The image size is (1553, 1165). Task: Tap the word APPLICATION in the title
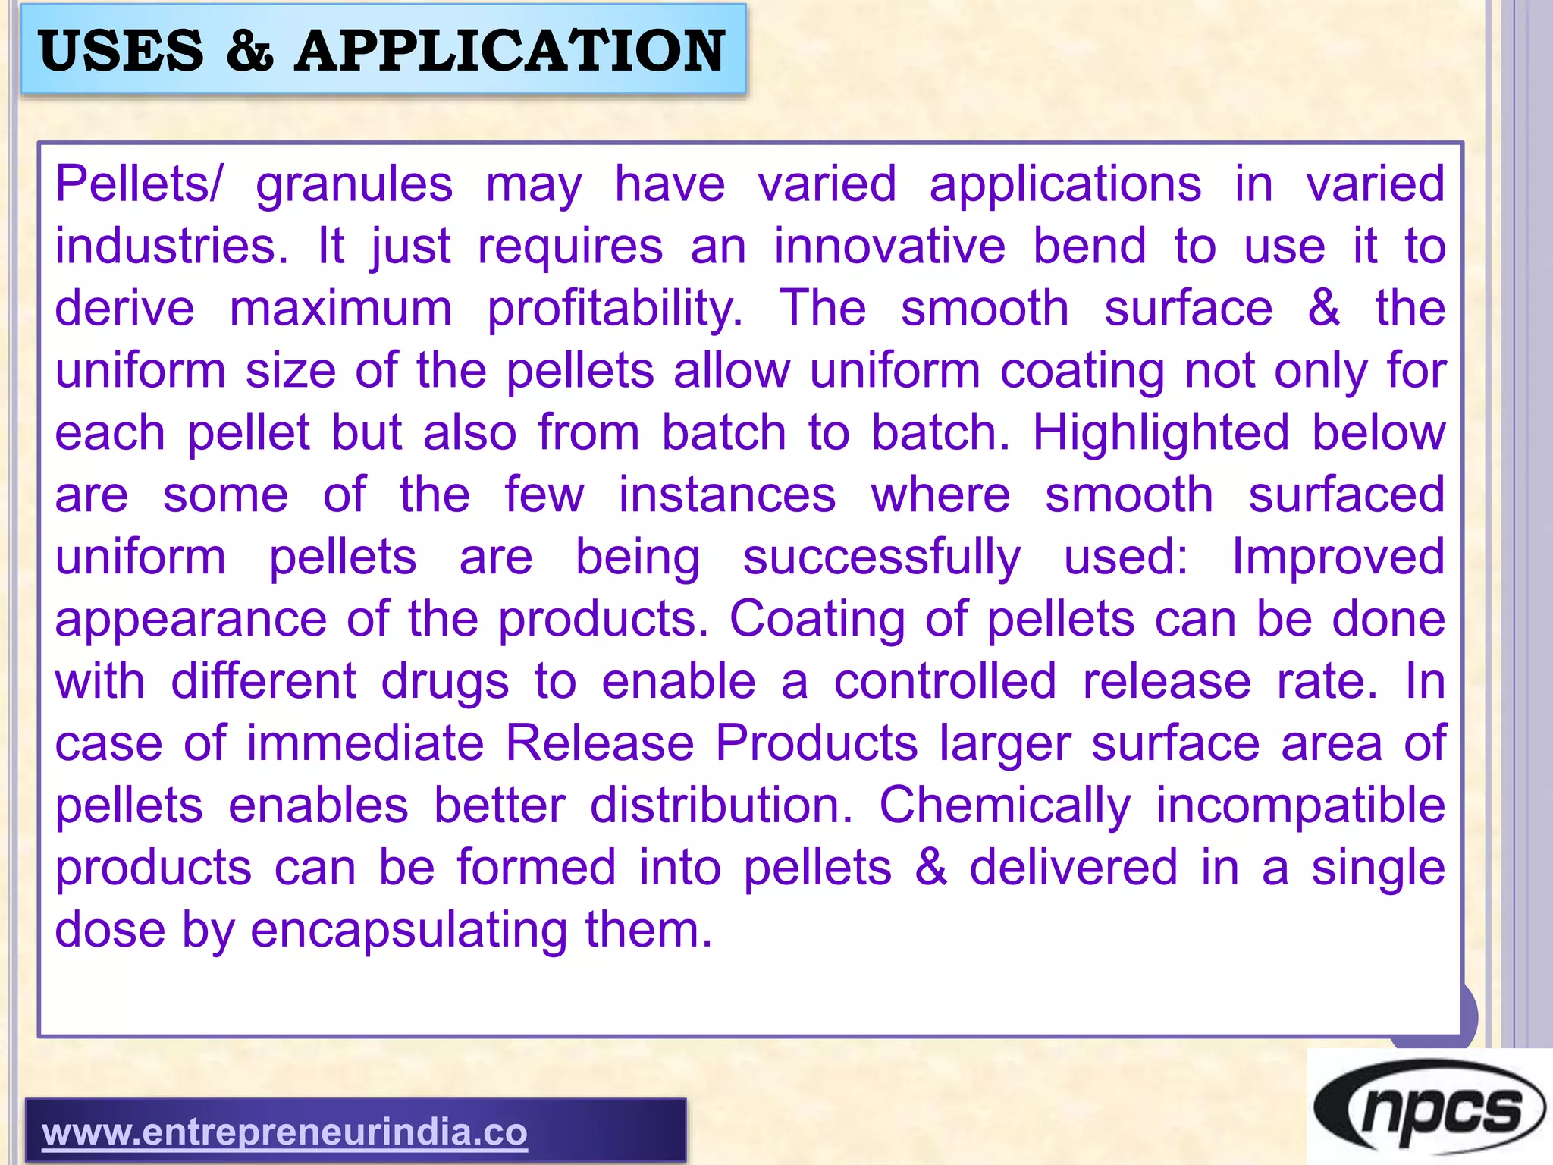tap(510, 51)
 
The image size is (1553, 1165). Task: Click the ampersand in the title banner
tap(249, 51)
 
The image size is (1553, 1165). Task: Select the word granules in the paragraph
tap(354, 185)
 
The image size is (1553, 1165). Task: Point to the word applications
tap(1065, 185)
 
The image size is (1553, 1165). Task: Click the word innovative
tap(889, 247)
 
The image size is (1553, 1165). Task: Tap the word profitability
tap(615, 309)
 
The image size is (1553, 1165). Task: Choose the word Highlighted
tap(1161, 433)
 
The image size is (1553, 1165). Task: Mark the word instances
tap(727, 495)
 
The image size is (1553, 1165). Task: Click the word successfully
tap(882, 557)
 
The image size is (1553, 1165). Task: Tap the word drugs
tap(445, 682)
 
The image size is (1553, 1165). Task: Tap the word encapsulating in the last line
tap(409, 930)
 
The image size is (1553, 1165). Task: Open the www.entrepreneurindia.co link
tap(284, 1132)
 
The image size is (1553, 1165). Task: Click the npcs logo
tap(1429, 1110)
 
